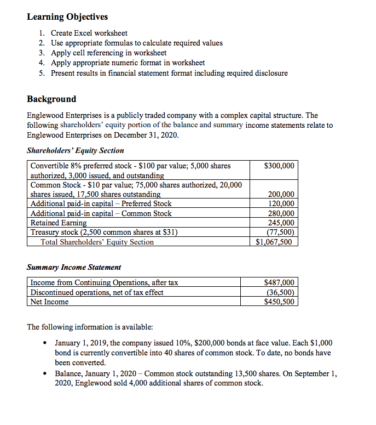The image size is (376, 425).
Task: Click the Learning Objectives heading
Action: click(67, 16)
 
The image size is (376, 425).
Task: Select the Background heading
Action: click(51, 99)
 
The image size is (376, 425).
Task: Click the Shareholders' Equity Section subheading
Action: click(76, 150)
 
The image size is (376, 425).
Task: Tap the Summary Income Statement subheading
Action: click(74, 267)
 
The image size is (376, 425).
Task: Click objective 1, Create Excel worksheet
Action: click(89, 33)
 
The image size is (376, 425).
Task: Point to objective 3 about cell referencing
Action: click(108, 53)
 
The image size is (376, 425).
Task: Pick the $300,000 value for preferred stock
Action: click(279, 166)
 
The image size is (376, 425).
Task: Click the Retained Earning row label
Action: click(59, 223)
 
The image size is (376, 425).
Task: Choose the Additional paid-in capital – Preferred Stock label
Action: click(101, 203)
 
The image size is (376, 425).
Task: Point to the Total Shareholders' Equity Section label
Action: click(97, 242)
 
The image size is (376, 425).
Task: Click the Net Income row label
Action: click(49, 302)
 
